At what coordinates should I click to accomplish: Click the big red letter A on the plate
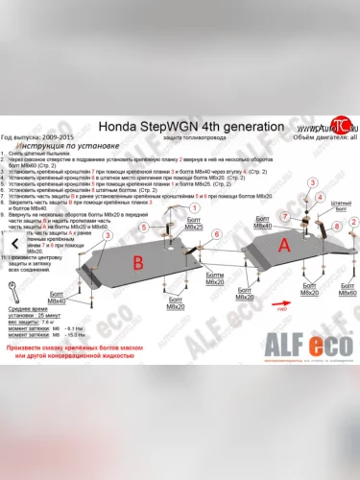(284, 246)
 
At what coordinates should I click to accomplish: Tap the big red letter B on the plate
(138, 262)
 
